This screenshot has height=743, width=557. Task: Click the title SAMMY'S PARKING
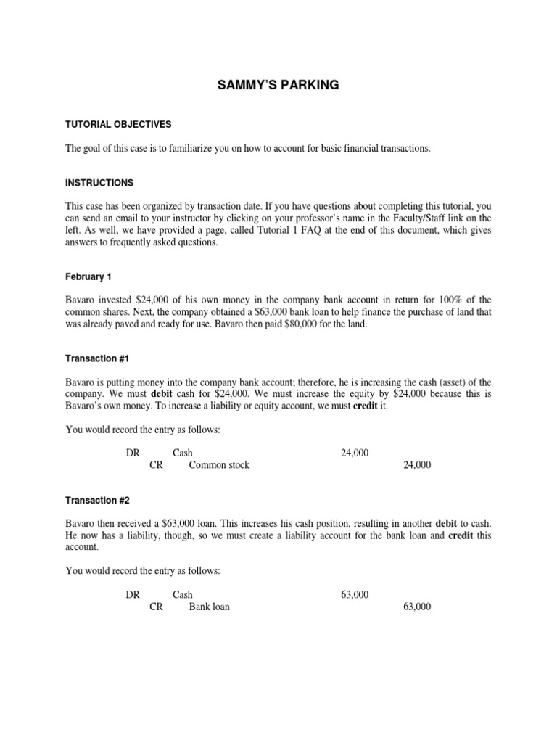click(x=278, y=86)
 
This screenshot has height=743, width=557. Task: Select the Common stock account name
click(x=219, y=465)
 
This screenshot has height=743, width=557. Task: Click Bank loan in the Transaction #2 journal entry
click(x=210, y=607)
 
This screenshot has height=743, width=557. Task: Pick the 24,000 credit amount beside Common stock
click(x=416, y=465)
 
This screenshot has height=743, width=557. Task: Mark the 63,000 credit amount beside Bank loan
click(x=416, y=607)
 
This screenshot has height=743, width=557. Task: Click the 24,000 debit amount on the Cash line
click(x=355, y=453)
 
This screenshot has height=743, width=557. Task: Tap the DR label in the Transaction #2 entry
click(x=132, y=594)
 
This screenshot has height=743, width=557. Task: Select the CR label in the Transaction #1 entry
click(x=156, y=465)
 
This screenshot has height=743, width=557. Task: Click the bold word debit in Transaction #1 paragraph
click(x=164, y=394)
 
